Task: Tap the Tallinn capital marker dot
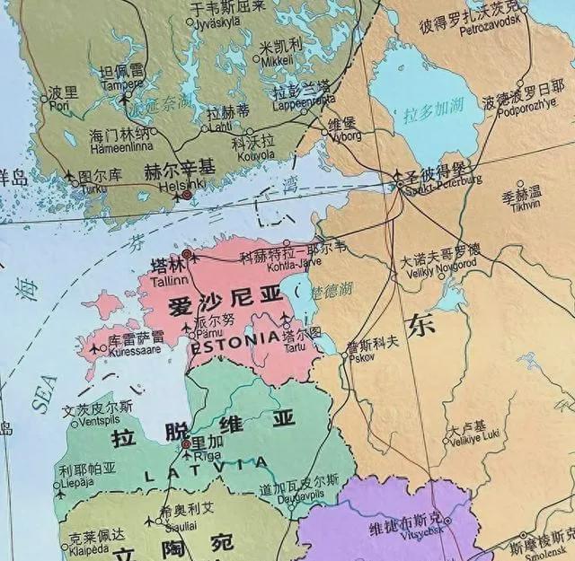point(187,255)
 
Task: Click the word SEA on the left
point(45,393)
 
